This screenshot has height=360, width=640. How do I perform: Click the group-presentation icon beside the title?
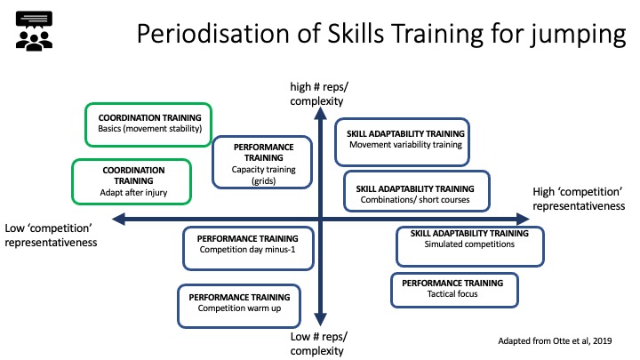click(x=35, y=31)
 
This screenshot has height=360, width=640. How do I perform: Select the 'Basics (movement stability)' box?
click(x=148, y=125)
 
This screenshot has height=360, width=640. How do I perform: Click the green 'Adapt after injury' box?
click(x=132, y=181)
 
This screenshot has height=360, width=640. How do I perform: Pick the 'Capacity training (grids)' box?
click(x=262, y=163)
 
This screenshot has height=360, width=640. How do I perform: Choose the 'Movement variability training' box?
click(x=402, y=142)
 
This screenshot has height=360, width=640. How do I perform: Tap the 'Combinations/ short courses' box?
click(x=417, y=191)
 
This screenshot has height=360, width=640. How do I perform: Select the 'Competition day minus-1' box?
click(x=248, y=249)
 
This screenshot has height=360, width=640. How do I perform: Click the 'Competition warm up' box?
click(x=239, y=306)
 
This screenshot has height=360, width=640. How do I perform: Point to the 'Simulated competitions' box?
click(x=470, y=246)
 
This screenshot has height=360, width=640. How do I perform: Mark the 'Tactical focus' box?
click(x=455, y=290)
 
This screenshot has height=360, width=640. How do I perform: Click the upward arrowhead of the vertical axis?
click(x=320, y=113)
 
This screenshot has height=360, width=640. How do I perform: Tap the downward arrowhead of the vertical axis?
click(x=320, y=319)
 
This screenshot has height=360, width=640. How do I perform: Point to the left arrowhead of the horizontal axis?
click(x=119, y=220)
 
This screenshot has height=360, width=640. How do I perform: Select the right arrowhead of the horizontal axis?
click(x=523, y=220)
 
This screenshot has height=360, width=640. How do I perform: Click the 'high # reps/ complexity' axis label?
click(x=319, y=94)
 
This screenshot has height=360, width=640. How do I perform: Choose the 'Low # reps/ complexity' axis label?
click(x=318, y=344)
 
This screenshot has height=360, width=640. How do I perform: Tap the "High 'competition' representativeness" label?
click(x=579, y=199)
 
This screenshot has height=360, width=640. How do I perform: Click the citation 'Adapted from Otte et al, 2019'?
click(x=555, y=340)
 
